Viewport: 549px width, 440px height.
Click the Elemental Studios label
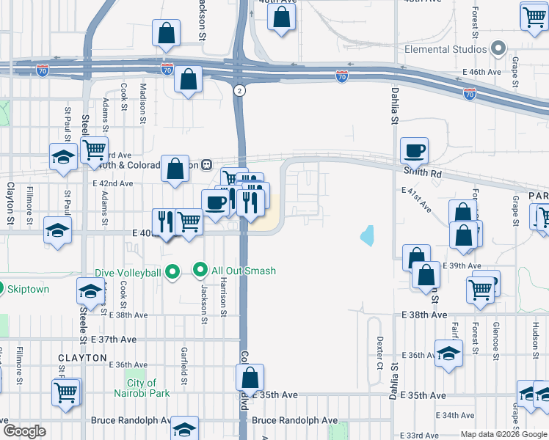(446, 49)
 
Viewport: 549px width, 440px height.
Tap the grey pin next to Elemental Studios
(498, 49)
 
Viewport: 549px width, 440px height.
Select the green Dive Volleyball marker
(172, 273)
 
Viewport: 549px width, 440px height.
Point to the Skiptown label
(29, 289)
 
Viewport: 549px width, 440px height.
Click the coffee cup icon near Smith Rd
(414, 150)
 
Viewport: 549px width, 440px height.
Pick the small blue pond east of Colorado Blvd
(366, 236)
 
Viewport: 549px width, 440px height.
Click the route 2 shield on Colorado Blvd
(239, 90)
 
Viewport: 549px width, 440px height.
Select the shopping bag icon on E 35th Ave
(250, 378)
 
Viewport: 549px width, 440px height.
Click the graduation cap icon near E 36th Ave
(448, 353)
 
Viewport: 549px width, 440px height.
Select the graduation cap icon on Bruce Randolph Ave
(184, 428)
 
